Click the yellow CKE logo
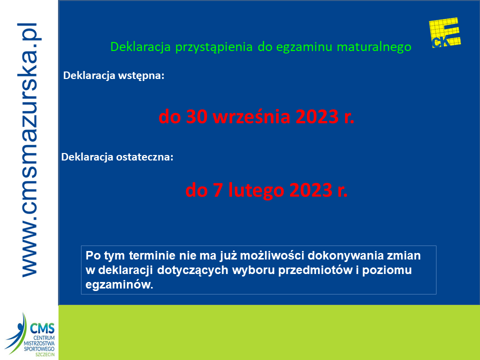[x=445, y=33]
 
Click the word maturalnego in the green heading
[x=374, y=47]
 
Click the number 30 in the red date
[x=196, y=116]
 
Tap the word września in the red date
[x=251, y=116]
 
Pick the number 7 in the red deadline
[x=217, y=190]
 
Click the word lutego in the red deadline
[x=256, y=190]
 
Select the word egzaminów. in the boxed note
[x=119, y=285]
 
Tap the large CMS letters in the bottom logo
[x=42, y=329]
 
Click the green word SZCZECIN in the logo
[x=45, y=354]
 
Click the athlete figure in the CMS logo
[x=16, y=333]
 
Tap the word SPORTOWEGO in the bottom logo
[x=39, y=349]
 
